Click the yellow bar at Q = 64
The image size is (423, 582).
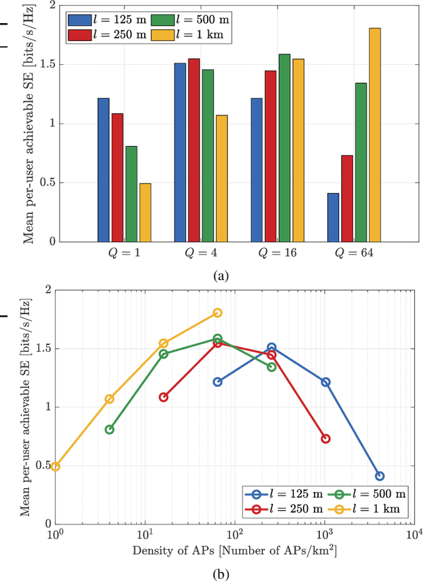tap(375, 135)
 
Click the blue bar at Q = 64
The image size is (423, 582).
tap(333, 218)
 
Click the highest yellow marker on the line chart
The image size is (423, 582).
tap(217, 313)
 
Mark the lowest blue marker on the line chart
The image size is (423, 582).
tap(379, 476)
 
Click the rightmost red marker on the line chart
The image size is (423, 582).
tap(325, 439)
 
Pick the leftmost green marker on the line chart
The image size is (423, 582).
tap(110, 429)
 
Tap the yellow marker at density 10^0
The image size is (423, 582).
tap(56, 466)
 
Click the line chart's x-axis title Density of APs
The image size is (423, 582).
tap(235, 550)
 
